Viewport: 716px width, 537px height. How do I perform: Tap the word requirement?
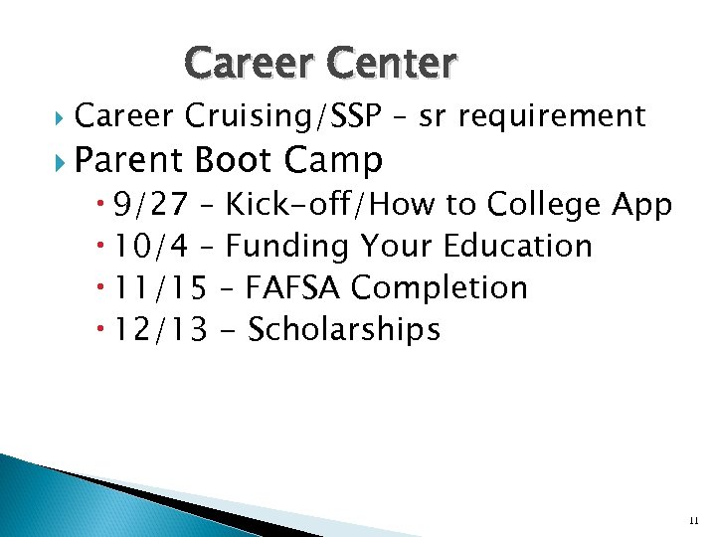tap(561, 117)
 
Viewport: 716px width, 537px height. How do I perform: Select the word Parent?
tap(129, 159)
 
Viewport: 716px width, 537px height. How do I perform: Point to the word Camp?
tap(333, 159)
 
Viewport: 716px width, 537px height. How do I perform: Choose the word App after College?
tap(641, 205)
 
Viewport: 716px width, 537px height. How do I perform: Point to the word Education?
tap(517, 246)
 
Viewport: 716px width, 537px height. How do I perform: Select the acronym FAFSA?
tap(295, 287)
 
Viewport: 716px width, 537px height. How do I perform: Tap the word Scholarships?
tap(343, 329)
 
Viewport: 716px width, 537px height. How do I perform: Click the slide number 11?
tap(693, 520)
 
